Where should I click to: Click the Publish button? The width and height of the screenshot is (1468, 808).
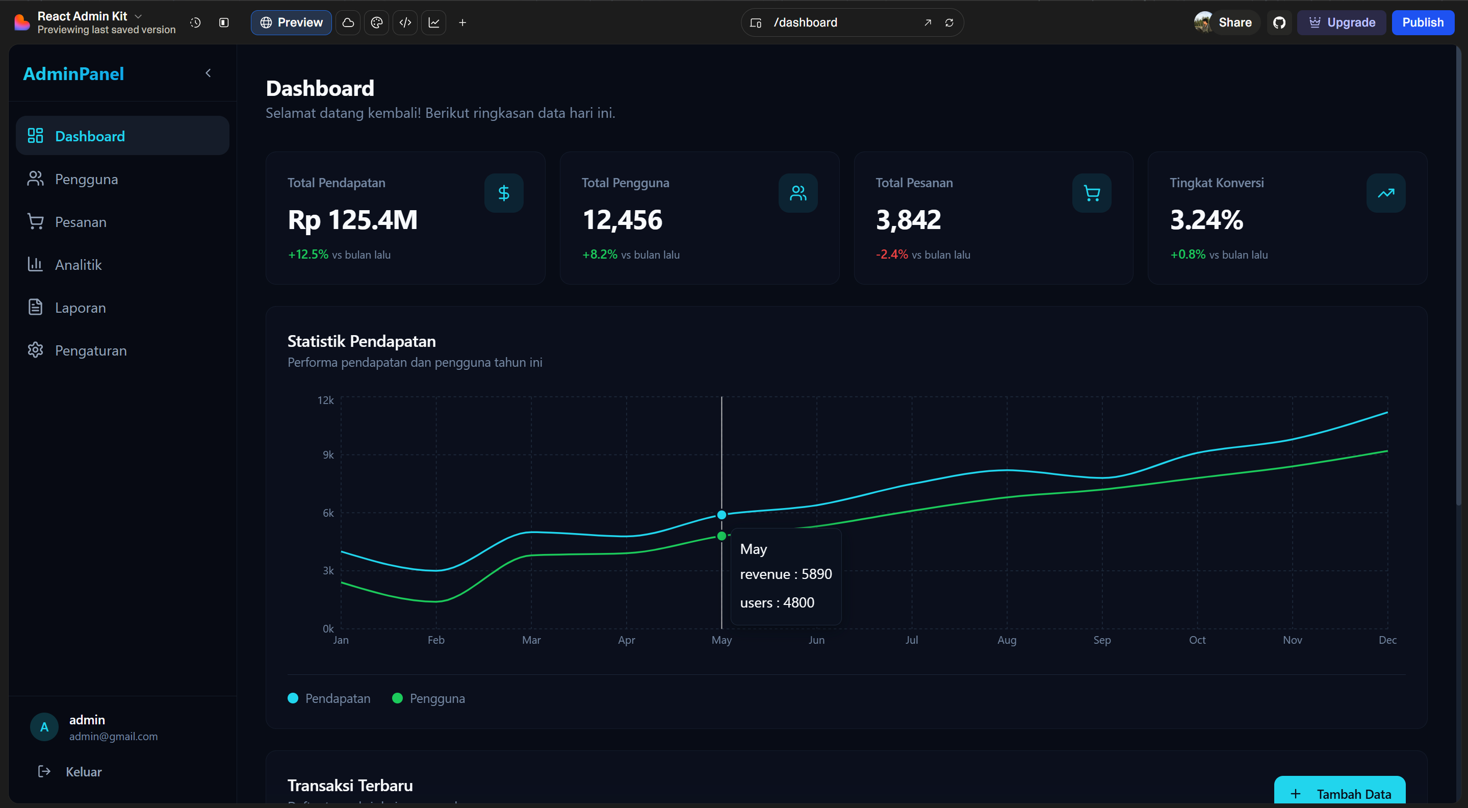(x=1423, y=22)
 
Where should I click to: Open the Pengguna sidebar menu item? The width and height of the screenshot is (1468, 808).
(x=86, y=179)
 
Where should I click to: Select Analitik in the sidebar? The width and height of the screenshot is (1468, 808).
(x=78, y=265)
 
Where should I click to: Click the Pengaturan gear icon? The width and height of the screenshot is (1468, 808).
(x=35, y=350)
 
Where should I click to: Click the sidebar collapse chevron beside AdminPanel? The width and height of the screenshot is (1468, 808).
(x=208, y=73)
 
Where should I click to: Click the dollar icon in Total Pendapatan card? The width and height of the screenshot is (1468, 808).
(x=504, y=193)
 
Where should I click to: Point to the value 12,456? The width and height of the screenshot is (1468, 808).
(x=622, y=219)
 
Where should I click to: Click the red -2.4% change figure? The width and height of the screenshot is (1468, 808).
(x=892, y=255)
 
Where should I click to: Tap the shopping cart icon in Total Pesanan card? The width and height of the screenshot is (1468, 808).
(x=1091, y=193)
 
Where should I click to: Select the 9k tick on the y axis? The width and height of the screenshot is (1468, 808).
(x=328, y=454)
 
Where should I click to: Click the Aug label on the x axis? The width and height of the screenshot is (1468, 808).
(x=1007, y=640)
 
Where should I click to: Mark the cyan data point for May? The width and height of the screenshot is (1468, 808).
(x=722, y=515)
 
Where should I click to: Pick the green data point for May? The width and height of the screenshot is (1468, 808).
(x=722, y=536)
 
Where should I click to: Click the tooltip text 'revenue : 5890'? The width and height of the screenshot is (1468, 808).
(x=785, y=574)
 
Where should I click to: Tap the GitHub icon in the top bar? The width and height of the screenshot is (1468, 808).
(x=1279, y=22)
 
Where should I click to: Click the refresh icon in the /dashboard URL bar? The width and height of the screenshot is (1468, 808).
(x=949, y=22)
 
